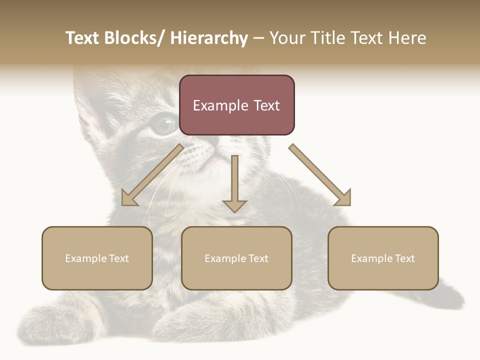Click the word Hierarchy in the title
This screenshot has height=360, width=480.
pyautogui.click(x=209, y=38)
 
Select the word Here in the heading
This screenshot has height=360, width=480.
pyautogui.click(x=408, y=38)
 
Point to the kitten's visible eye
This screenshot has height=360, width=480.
pyautogui.click(x=163, y=124)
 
